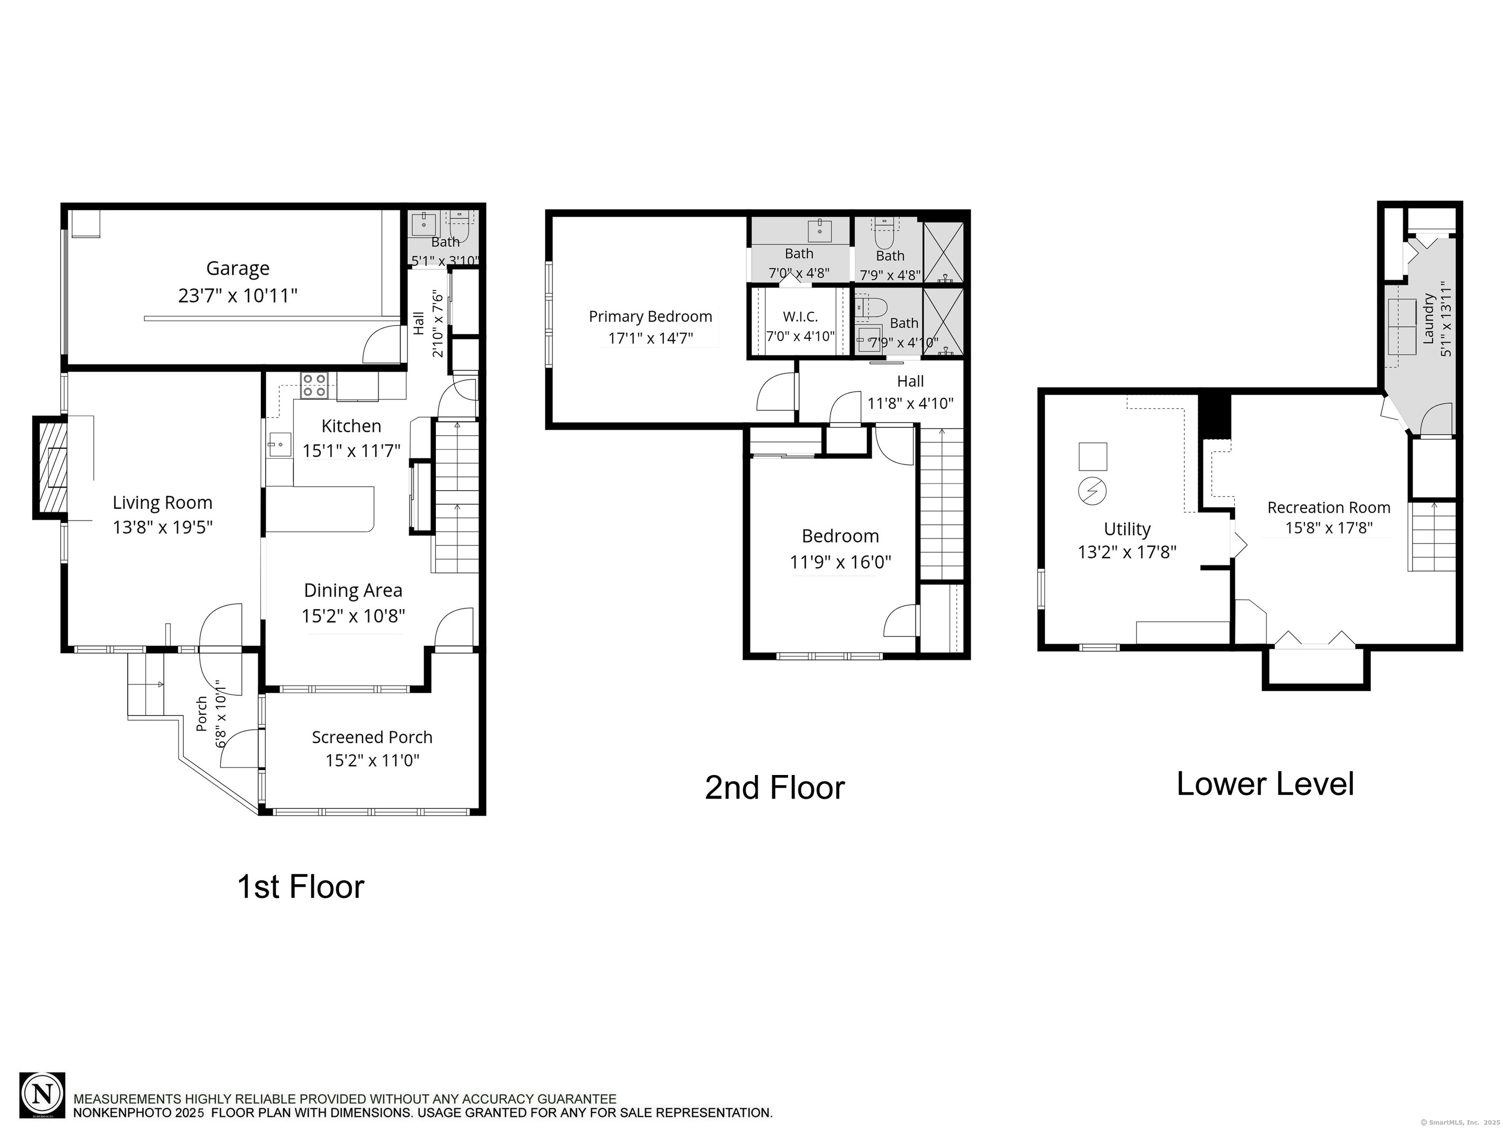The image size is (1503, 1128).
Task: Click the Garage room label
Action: pyautogui.click(x=238, y=269)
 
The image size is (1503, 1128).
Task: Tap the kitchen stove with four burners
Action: pyautogui.click(x=315, y=385)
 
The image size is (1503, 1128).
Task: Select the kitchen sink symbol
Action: pyautogui.click(x=279, y=445)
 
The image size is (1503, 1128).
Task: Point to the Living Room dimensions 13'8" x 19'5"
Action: pyautogui.click(x=163, y=527)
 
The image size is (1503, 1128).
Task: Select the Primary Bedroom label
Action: pyautogui.click(x=650, y=316)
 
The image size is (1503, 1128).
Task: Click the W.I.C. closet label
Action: pyautogui.click(x=800, y=316)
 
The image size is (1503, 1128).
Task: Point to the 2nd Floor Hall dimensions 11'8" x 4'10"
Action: pyautogui.click(x=911, y=403)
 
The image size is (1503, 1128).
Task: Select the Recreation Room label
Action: pyautogui.click(x=1329, y=507)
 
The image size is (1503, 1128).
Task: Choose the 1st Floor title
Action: pyautogui.click(x=301, y=887)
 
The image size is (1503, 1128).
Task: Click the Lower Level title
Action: pyautogui.click(x=1265, y=783)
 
